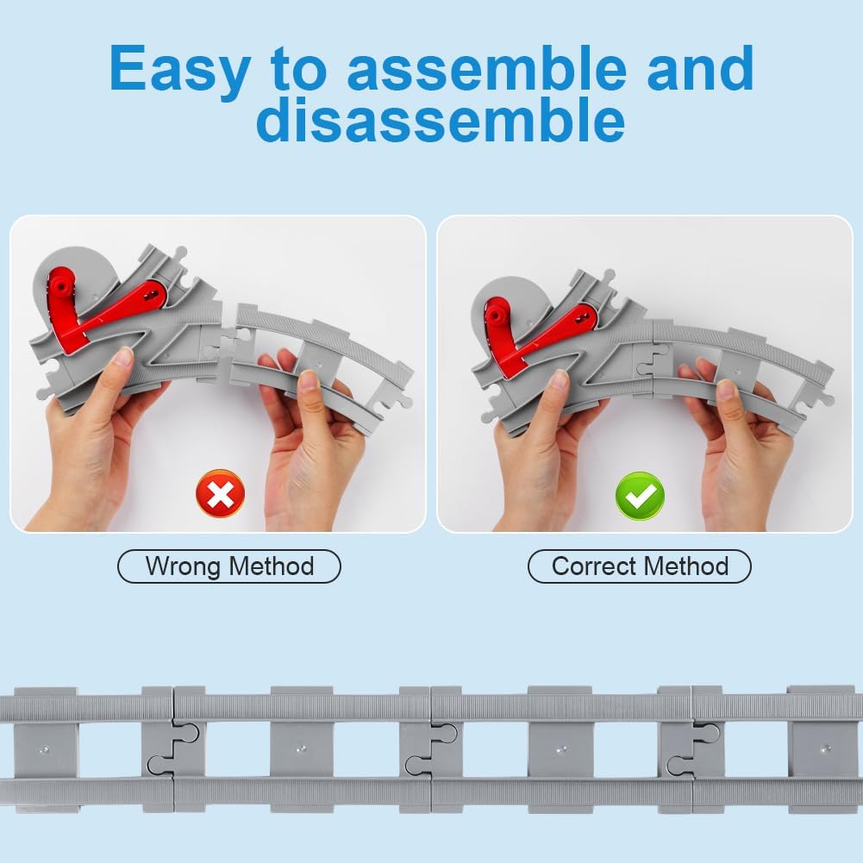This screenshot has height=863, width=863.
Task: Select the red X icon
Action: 221,493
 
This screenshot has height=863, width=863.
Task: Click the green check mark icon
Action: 640,496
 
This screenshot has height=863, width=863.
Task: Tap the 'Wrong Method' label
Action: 229,566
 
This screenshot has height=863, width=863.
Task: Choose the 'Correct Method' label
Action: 640,566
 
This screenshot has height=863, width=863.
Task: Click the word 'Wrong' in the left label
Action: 184,566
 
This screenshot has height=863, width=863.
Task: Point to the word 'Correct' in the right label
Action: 594,566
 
